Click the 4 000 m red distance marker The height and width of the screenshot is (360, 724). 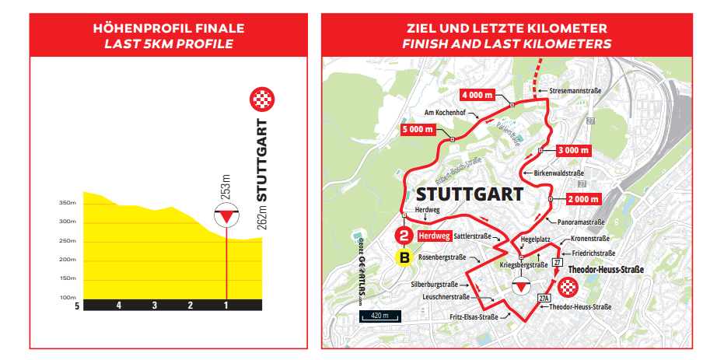(478, 95)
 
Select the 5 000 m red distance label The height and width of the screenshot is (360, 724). (420, 129)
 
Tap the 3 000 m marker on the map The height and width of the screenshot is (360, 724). (575, 149)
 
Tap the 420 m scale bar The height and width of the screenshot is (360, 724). (379, 316)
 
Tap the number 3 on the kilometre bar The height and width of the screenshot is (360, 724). (155, 306)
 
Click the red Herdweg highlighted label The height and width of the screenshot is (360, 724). (434, 236)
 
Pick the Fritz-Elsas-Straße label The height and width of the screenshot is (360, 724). (473, 317)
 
